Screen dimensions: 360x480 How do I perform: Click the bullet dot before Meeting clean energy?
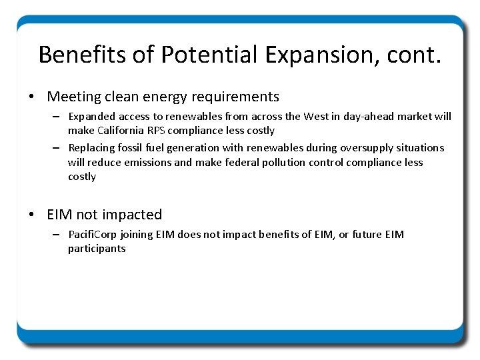pyautogui.click(x=32, y=97)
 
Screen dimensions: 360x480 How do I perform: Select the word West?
pyautogui.click(x=316, y=117)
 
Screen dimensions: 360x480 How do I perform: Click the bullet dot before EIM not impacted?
pyautogui.click(x=32, y=215)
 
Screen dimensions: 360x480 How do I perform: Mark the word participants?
pyautogui.click(x=96, y=249)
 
